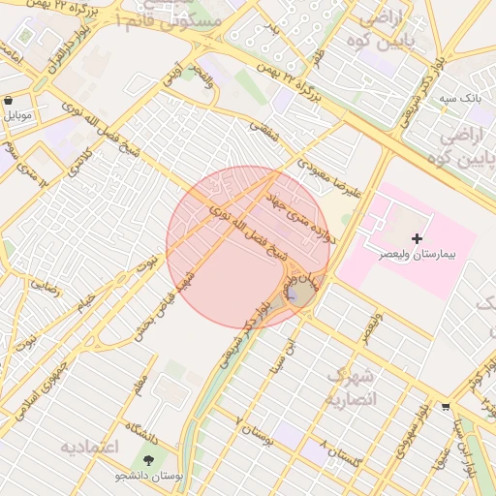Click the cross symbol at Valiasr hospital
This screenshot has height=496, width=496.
418,238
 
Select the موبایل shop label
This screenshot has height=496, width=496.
18,115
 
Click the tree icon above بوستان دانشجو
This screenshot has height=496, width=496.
148,461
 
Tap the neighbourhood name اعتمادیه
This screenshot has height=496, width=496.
88,448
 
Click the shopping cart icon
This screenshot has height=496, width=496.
445,407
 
